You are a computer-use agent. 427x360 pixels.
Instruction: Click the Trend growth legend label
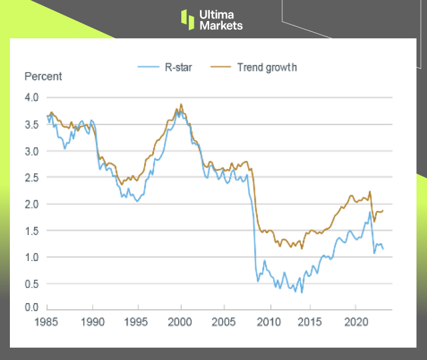[267, 67]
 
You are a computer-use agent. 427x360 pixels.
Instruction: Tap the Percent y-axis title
[43, 77]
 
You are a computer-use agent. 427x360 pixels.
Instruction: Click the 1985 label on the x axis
[48, 322]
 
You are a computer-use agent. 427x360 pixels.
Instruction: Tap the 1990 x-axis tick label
[92, 322]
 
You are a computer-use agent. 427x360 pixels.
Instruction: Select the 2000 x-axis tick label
[180, 322]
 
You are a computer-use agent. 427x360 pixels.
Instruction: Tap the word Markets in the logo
[221, 25]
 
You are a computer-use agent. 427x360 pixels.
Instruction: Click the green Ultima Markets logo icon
[188, 19]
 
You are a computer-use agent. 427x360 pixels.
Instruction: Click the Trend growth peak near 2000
[181, 104]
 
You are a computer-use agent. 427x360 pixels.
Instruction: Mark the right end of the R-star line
[383, 249]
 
